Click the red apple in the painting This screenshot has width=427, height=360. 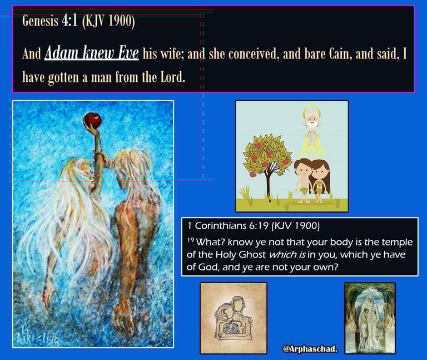pyautogui.click(x=93, y=120)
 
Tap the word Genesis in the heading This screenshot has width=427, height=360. pyautogui.click(x=40, y=21)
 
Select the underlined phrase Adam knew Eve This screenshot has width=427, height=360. pyautogui.click(x=92, y=53)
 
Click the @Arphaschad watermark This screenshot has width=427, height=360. pyautogui.click(x=310, y=349)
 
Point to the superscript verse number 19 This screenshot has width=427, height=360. pyautogui.click(x=191, y=240)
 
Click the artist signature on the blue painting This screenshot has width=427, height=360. pyautogui.click(x=36, y=338)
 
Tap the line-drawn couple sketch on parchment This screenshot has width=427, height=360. pyautogui.click(x=234, y=318)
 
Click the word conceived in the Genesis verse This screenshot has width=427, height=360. pyautogui.click(x=252, y=53)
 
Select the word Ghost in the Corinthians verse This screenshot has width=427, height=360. pyautogui.click(x=252, y=254)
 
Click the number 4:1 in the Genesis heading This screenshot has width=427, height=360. pyautogui.click(x=70, y=21)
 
